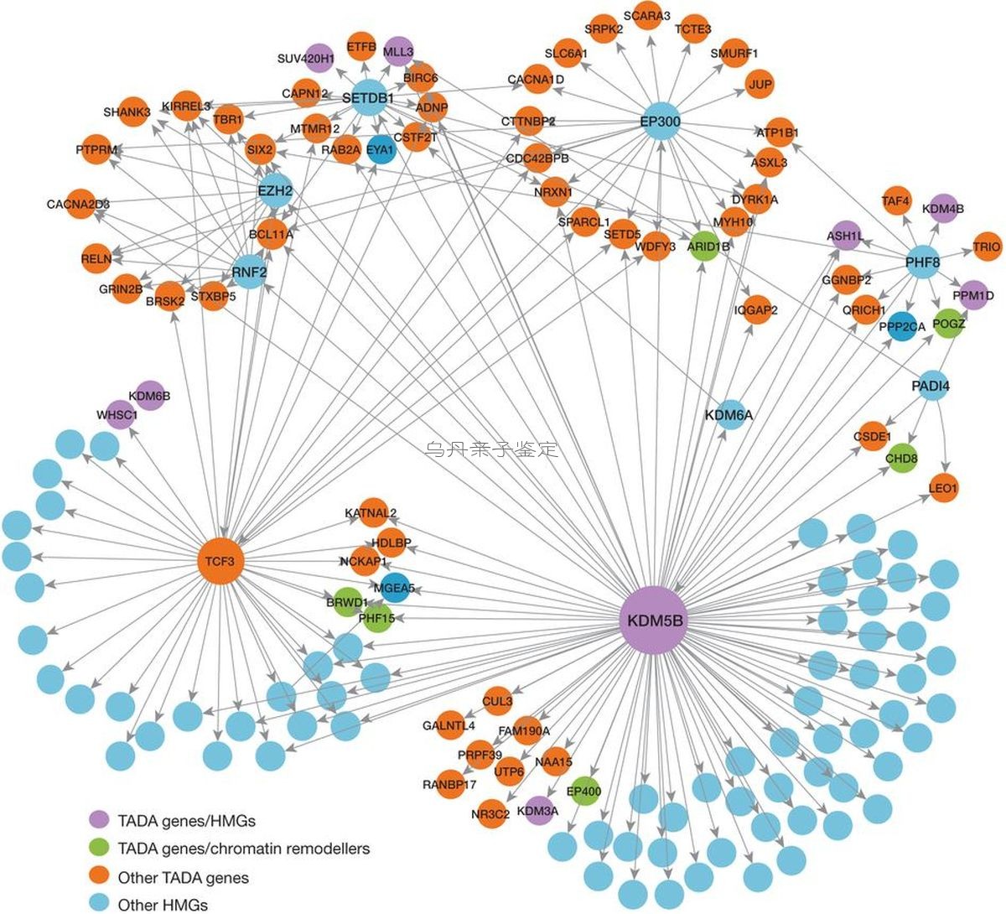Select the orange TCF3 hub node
click(x=220, y=561)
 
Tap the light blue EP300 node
click(x=661, y=122)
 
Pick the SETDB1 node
click(x=369, y=98)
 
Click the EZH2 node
click(x=275, y=190)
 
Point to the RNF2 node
click(x=250, y=273)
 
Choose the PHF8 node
click(x=923, y=262)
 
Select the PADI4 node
click(x=931, y=386)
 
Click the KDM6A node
click(x=729, y=415)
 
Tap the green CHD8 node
click(x=902, y=458)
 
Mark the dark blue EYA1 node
click(x=381, y=149)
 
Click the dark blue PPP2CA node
click(x=903, y=327)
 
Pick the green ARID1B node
click(x=704, y=247)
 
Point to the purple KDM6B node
click(x=150, y=396)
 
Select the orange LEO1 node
click(x=943, y=487)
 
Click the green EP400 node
click(x=585, y=791)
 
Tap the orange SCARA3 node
click(x=647, y=16)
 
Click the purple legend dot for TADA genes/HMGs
click(x=99, y=819)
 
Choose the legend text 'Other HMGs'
click(x=163, y=905)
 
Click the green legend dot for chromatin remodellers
click(x=99, y=848)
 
